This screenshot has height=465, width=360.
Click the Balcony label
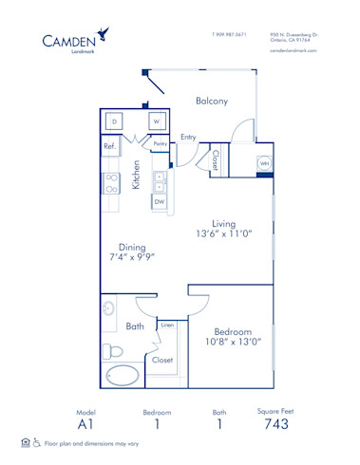(x=211, y=102)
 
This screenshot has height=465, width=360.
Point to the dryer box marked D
(x=114, y=122)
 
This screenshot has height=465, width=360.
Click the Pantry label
(x=160, y=144)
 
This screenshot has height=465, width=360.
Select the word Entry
(x=188, y=137)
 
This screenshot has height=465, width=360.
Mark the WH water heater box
(x=263, y=163)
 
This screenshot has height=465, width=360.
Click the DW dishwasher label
(x=160, y=201)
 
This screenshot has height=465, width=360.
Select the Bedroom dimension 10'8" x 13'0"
(x=231, y=341)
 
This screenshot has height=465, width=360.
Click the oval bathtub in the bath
(x=123, y=375)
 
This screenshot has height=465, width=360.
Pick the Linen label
(x=167, y=325)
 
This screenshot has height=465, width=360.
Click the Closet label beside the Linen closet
(x=162, y=360)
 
